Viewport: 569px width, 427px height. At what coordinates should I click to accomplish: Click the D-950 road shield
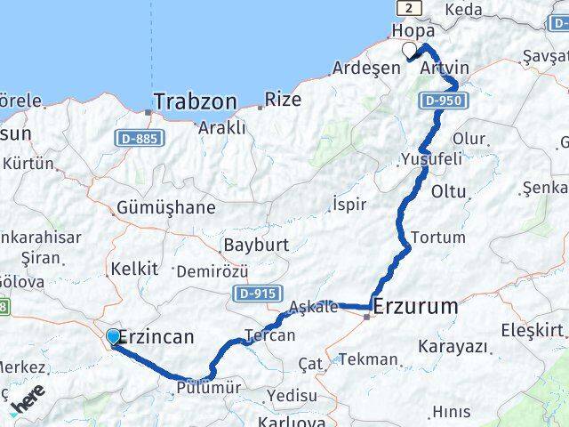tap(442, 101)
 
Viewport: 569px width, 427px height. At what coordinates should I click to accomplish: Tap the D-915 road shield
tap(254, 293)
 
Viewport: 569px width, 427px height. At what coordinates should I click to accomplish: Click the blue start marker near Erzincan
tap(114, 336)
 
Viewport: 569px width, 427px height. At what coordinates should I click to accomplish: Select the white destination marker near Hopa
tap(409, 50)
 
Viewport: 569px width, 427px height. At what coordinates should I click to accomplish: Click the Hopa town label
tap(413, 30)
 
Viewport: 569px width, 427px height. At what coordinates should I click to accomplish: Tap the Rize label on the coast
tap(284, 99)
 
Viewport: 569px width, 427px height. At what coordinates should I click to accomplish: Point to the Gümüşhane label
tap(165, 208)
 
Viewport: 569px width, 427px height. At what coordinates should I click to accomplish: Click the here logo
tap(29, 401)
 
